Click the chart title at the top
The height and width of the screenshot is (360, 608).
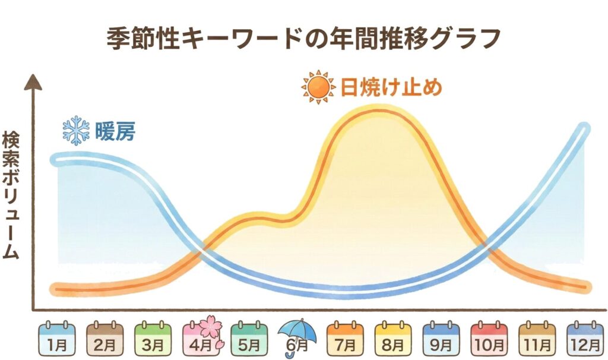click(x=303, y=39)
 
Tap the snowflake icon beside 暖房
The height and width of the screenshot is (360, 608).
click(x=76, y=130)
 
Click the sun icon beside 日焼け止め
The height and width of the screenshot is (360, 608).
click(x=318, y=88)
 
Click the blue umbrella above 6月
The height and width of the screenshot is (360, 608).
click(x=298, y=330)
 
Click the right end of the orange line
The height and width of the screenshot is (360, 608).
click(x=587, y=287)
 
